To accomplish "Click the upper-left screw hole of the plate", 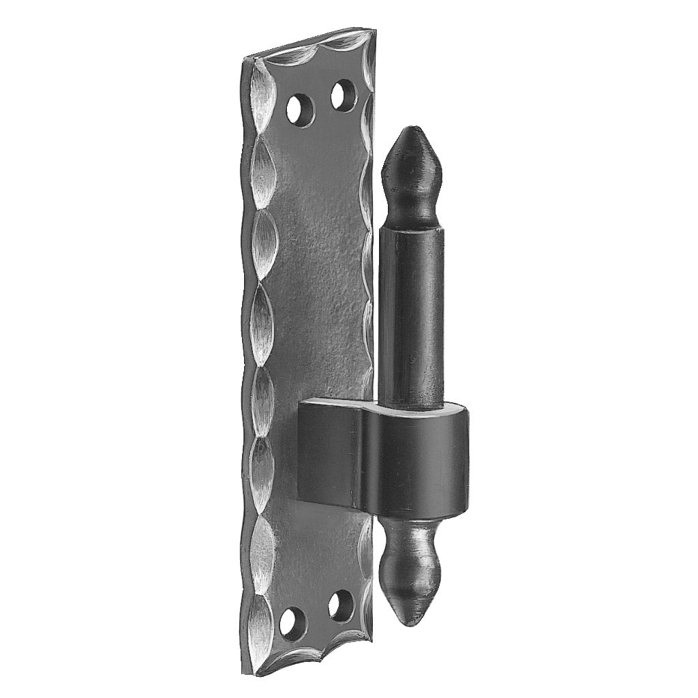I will coord(297,109).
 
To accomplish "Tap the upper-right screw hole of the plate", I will coord(344,95).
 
